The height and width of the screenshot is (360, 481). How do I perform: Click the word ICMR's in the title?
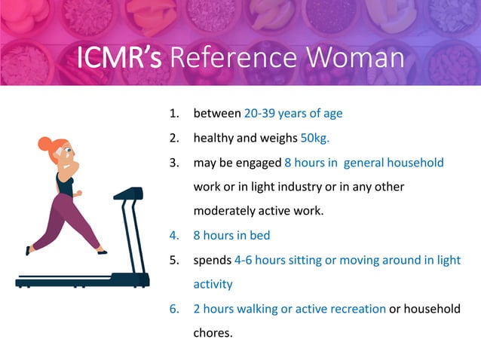click(118, 59)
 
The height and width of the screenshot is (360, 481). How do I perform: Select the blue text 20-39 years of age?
click(293, 114)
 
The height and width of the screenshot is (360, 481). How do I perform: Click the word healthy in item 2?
click(215, 139)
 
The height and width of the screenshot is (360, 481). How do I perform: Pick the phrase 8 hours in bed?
click(231, 235)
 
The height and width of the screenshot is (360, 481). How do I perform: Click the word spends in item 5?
click(213, 260)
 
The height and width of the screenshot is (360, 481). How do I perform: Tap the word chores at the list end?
click(213, 332)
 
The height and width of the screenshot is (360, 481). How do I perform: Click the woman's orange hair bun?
click(46, 143)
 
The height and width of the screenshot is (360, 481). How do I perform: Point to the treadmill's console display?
click(128, 194)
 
